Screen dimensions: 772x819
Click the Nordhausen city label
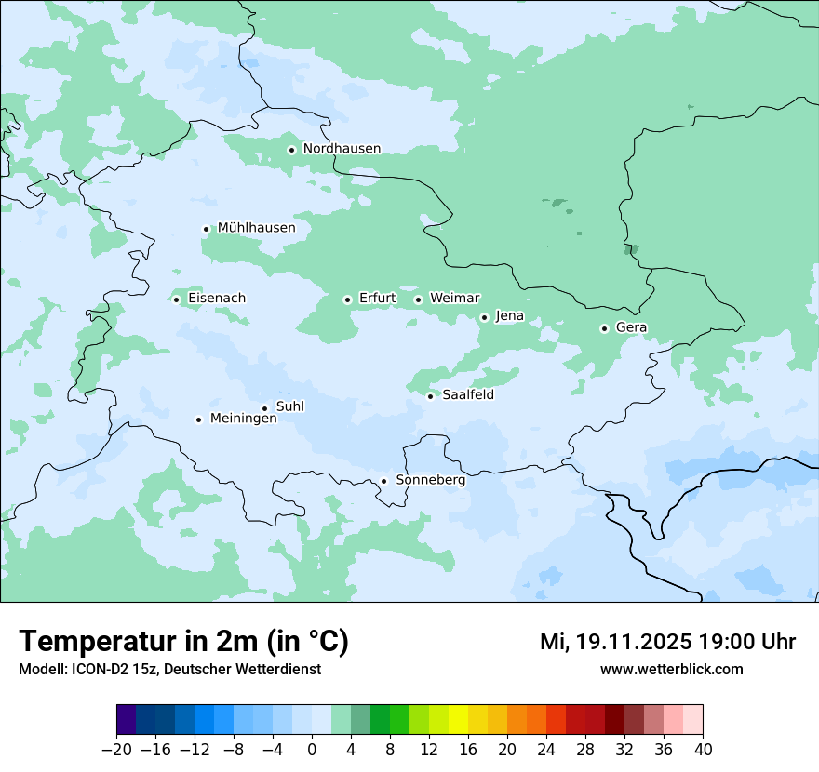click(342, 149)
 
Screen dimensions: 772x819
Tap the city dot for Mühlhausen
click(206, 229)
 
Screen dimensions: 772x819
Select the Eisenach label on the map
click(217, 299)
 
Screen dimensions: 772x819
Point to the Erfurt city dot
click(347, 299)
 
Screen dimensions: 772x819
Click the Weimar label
click(454, 299)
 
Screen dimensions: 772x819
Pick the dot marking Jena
click(484, 317)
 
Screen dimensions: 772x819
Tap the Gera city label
click(631, 327)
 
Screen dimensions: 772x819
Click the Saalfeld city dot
click(430, 396)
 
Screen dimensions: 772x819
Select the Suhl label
click(290, 406)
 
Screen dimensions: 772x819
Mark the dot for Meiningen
click(198, 419)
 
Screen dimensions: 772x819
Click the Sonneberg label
click(430, 480)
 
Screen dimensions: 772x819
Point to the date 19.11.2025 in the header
click(632, 642)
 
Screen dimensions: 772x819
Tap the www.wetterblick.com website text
click(671, 669)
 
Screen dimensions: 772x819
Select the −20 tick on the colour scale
click(117, 749)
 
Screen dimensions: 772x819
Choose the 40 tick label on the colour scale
click(703, 749)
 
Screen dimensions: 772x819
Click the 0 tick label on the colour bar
click(312, 749)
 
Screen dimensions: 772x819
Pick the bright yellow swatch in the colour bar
click(458, 720)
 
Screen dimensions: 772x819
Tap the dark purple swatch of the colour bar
click(127, 720)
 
